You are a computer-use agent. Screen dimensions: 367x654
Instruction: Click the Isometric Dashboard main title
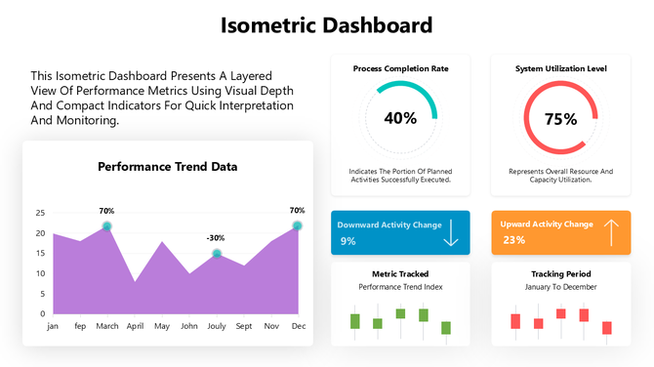coord(326,24)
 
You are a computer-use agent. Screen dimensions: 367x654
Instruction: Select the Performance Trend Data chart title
coord(167,166)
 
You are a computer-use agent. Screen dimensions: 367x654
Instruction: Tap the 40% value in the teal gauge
coord(400,118)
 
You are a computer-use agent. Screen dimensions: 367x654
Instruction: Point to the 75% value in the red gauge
coord(560,119)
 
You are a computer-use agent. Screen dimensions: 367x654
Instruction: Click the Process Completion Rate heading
coord(400,69)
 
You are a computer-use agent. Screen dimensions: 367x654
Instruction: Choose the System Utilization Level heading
coord(560,69)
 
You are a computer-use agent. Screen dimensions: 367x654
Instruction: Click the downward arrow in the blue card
coord(450,233)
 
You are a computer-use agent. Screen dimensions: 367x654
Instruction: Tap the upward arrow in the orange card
coord(611,232)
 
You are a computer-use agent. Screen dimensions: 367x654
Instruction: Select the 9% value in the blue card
coord(347,240)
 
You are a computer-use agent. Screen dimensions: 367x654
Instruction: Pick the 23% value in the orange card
coord(513,240)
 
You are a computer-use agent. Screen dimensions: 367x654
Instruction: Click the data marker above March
coord(107,226)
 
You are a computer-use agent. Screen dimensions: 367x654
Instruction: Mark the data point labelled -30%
coord(217,254)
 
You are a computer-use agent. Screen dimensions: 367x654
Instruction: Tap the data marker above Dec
coord(297,226)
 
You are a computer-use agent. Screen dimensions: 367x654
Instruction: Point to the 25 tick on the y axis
coord(40,213)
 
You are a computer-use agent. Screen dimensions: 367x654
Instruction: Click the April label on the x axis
coord(135,327)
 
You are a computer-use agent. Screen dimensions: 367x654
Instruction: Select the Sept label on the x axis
coord(244,327)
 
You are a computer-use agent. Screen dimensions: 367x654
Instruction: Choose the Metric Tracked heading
coord(400,274)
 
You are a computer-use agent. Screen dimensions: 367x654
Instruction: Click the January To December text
coord(560,287)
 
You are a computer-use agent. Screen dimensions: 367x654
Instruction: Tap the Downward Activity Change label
coord(389,224)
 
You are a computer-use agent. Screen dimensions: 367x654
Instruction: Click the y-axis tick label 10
coord(40,273)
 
